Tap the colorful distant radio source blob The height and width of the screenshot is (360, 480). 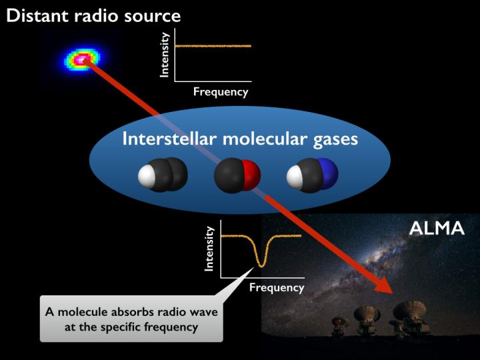pos(79,60)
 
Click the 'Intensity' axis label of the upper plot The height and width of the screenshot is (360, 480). pos(165,55)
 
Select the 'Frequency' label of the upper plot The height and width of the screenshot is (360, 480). pos(221,92)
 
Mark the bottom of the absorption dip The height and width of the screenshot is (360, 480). pos(261,265)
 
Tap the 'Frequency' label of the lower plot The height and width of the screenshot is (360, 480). pos(277,288)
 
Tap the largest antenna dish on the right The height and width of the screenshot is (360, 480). pos(409,311)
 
